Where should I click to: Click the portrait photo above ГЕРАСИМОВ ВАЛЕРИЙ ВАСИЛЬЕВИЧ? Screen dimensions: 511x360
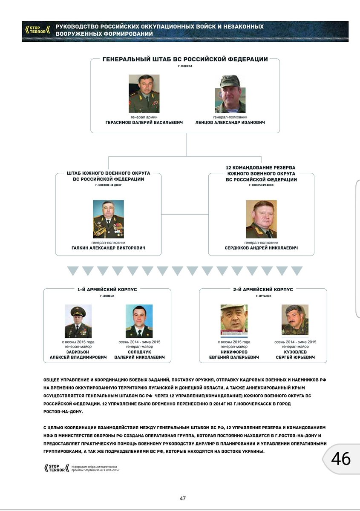(x=144, y=94)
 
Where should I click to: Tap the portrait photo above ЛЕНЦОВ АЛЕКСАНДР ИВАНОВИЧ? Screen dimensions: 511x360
(x=230, y=94)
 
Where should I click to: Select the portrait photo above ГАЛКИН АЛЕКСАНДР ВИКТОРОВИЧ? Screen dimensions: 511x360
(x=108, y=219)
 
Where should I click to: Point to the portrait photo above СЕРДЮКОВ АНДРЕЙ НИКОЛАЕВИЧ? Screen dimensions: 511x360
(x=261, y=219)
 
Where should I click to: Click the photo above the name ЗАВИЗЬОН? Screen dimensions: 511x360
(x=78, y=321)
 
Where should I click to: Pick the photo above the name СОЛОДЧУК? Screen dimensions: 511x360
(x=139, y=321)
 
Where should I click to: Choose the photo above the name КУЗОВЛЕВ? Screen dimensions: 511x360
(x=295, y=319)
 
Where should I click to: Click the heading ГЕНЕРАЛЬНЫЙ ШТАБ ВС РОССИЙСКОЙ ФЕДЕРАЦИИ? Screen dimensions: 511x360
(x=185, y=60)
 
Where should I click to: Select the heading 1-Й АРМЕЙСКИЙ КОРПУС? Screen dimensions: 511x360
(x=107, y=290)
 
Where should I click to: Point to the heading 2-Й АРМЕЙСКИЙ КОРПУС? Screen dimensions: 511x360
(x=263, y=290)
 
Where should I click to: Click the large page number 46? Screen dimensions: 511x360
(x=340, y=459)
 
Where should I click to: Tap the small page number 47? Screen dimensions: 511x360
(x=183, y=499)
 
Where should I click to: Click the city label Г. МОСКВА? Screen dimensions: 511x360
(x=185, y=66)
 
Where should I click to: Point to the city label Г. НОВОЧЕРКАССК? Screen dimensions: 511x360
(x=261, y=185)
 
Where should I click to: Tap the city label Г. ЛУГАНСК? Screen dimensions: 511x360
(x=263, y=296)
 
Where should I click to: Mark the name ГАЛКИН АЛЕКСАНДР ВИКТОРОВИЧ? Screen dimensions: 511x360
(x=108, y=248)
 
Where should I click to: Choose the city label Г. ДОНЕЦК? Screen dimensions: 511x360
(x=107, y=296)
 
